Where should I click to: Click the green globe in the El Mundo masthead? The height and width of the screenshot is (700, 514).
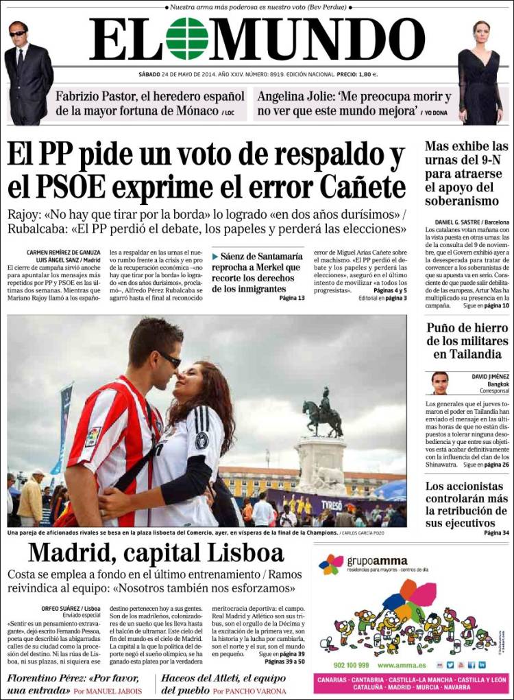(x=187, y=39)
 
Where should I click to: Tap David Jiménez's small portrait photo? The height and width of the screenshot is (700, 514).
(x=440, y=383)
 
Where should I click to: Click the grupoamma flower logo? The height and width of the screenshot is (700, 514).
(x=331, y=564)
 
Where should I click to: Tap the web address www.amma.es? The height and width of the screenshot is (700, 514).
(x=403, y=665)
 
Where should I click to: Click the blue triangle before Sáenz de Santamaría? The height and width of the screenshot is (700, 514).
(x=215, y=255)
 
